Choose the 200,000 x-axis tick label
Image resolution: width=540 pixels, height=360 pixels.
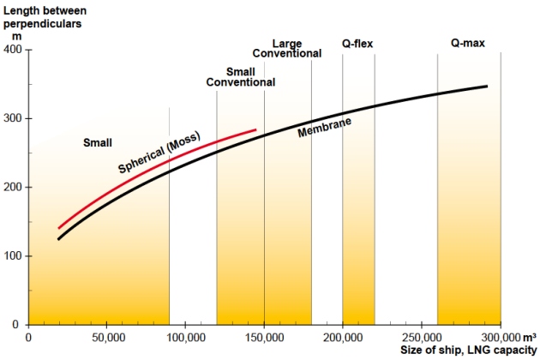(343, 337)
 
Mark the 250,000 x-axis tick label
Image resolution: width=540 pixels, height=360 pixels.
(421, 337)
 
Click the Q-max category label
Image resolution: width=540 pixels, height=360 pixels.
(468, 43)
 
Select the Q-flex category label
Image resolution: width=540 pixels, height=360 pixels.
(358, 43)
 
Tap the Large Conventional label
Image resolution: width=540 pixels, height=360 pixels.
(287, 48)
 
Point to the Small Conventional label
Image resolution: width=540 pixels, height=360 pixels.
(241, 77)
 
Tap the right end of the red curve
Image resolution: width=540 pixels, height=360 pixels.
(256, 130)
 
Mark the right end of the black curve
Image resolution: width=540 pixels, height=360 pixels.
(487, 87)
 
